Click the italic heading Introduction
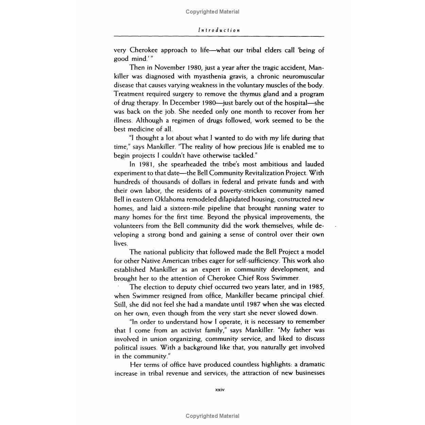tap(219, 30)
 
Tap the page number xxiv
tap(220, 390)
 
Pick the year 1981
tap(147, 164)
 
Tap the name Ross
tap(263, 278)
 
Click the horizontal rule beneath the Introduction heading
tap(219, 36)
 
